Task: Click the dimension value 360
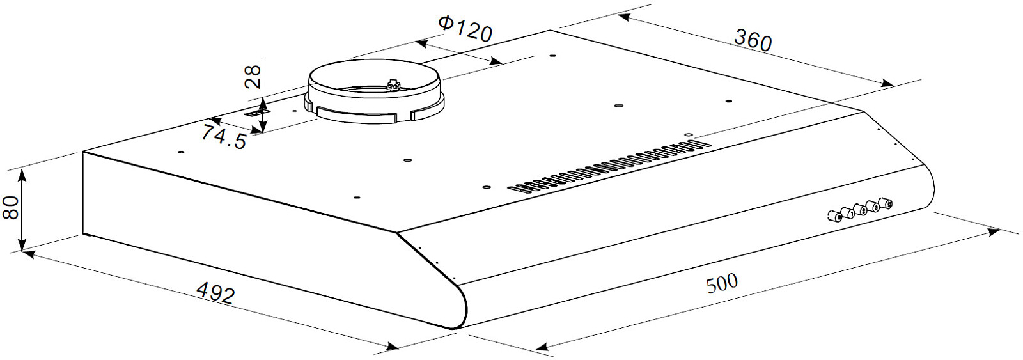pyautogui.click(x=753, y=40)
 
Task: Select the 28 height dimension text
pyautogui.click(x=253, y=76)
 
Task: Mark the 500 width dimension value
pyautogui.click(x=722, y=284)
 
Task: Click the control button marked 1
pyautogui.click(x=850, y=212)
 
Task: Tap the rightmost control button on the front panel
pyautogui.click(x=887, y=204)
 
